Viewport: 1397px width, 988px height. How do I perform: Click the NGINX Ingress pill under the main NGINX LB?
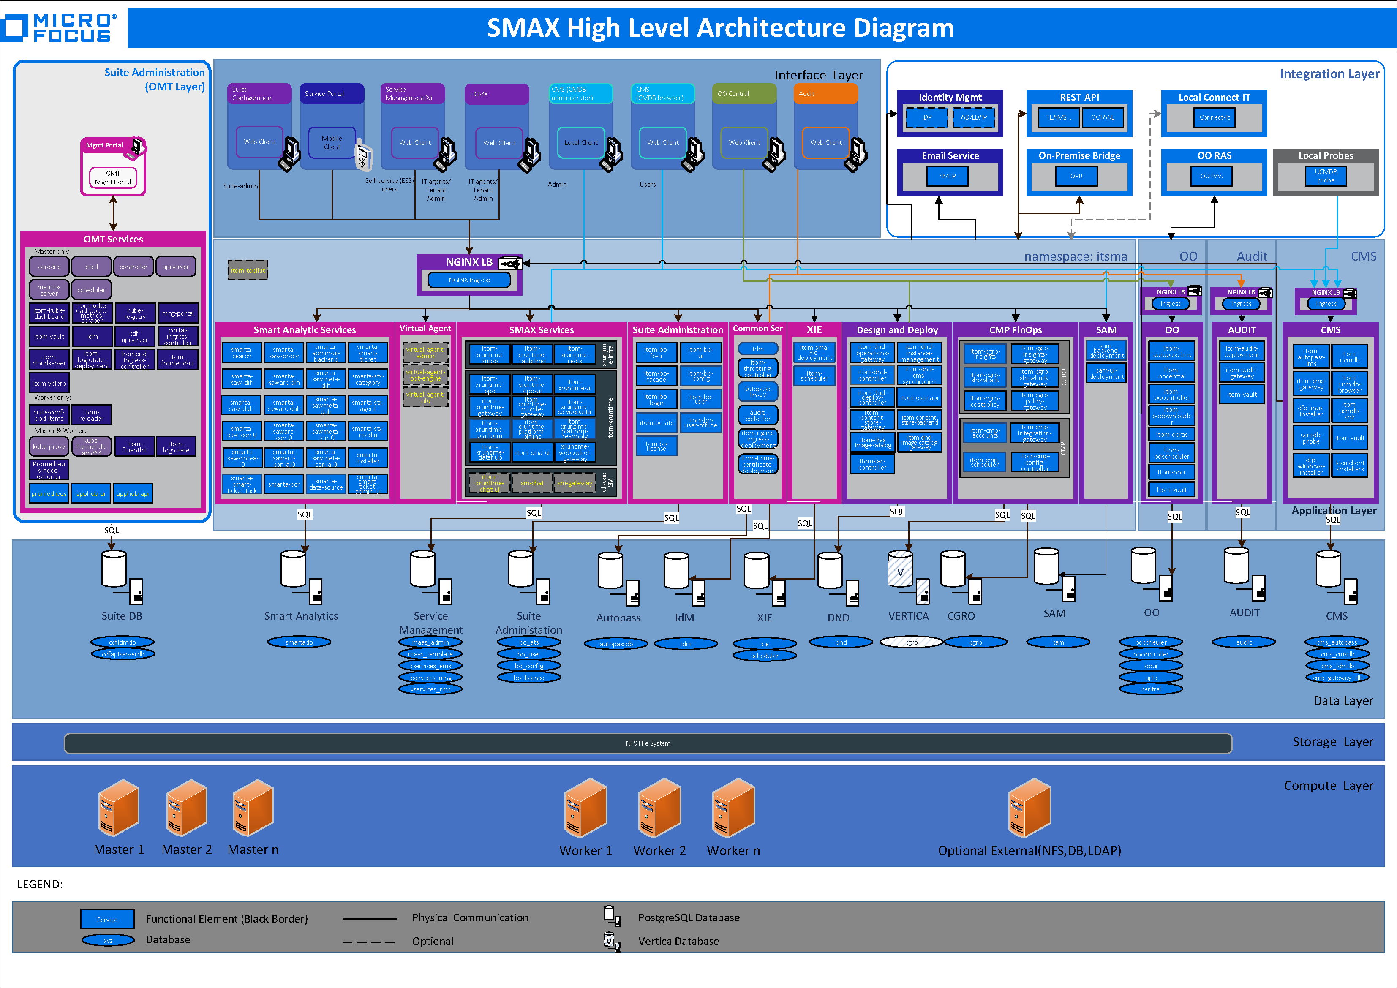pyautogui.click(x=469, y=280)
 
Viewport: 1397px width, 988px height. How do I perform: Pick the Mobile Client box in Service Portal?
pyautogui.click(x=332, y=143)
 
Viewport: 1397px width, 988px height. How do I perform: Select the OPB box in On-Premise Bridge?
pyautogui.click(x=1076, y=176)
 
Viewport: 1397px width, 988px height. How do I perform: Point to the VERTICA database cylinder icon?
pyautogui.click(x=900, y=568)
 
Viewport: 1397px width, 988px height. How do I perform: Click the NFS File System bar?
pyautogui.click(x=648, y=743)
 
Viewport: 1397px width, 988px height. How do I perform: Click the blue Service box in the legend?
pyautogui.click(x=107, y=919)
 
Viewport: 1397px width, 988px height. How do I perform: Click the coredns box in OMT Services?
pyautogui.click(x=49, y=267)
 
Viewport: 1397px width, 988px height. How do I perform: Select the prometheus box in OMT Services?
pyautogui.click(x=49, y=493)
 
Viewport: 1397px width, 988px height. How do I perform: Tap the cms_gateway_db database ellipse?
pyautogui.click(x=1337, y=678)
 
